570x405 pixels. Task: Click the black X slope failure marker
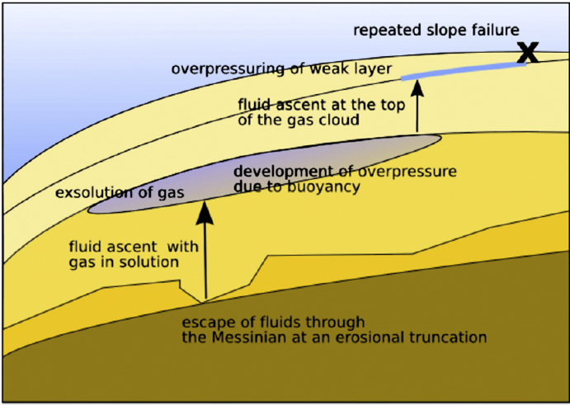tap(528, 53)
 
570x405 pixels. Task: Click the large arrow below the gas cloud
tap(205, 247)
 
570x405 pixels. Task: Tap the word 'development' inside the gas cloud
tap(273, 172)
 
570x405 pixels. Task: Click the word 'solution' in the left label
tap(154, 262)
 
